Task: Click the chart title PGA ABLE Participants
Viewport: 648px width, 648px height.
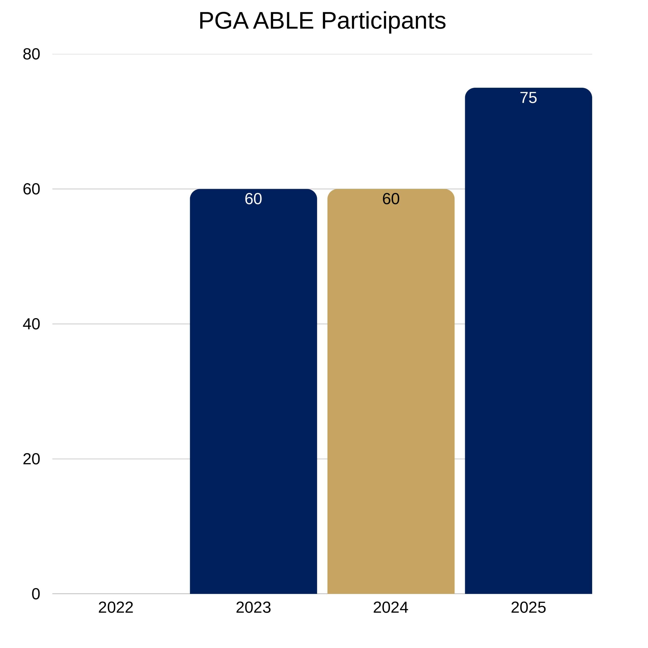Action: pyautogui.click(x=322, y=21)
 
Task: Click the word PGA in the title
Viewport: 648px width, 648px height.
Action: pyautogui.click(x=223, y=21)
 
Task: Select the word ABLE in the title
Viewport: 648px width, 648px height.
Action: pyautogui.click(x=283, y=21)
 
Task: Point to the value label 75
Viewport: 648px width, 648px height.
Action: pyautogui.click(x=528, y=98)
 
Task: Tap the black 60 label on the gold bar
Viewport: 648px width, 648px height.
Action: pyautogui.click(x=391, y=199)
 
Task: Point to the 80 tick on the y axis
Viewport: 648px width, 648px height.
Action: pyautogui.click(x=32, y=54)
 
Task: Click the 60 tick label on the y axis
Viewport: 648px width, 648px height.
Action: pyautogui.click(x=32, y=189)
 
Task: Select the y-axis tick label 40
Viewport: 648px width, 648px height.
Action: pyautogui.click(x=32, y=324)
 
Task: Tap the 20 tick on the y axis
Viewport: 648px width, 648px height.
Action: pyautogui.click(x=32, y=459)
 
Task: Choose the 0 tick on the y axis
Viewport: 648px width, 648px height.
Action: pyautogui.click(x=36, y=594)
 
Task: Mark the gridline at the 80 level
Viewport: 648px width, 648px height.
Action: pyautogui.click(x=322, y=54)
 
